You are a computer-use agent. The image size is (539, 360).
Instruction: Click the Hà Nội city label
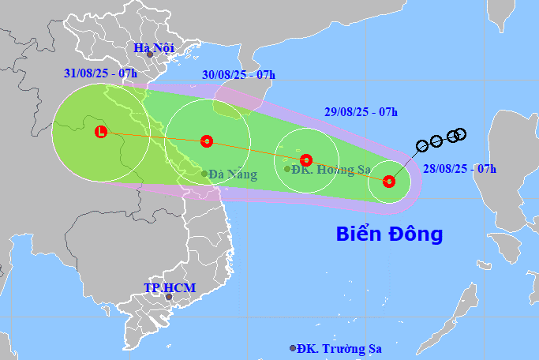tap(153, 48)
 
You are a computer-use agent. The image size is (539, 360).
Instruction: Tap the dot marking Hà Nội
tap(149, 54)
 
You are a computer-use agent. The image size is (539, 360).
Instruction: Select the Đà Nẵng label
tap(233, 174)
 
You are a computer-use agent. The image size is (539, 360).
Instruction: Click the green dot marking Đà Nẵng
tap(204, 174)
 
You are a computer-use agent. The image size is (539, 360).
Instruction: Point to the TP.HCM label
tap(169, 287)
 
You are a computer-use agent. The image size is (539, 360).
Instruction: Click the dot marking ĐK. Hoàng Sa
tap(287, 168)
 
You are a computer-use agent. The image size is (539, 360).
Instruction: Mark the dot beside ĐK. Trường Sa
tap(293, 348)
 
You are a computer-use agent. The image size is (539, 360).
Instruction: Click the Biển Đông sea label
tap(389, 234)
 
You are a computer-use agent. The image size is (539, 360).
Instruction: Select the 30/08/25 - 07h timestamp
tap(238, 75)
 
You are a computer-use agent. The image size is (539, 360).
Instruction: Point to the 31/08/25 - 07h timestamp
tap(100, 73)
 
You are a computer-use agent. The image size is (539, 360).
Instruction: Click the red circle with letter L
tap(100, 132)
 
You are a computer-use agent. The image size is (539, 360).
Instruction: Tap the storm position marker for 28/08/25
tap(388, 182)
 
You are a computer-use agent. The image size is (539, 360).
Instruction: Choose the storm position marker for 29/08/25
tap(306, 159)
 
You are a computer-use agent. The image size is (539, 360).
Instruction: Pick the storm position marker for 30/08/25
tap(207, 141)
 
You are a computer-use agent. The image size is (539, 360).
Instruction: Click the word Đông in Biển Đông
tap(416, 234)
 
